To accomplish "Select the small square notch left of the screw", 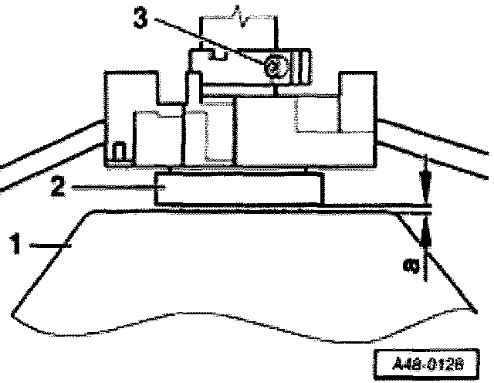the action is click(218, 55).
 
